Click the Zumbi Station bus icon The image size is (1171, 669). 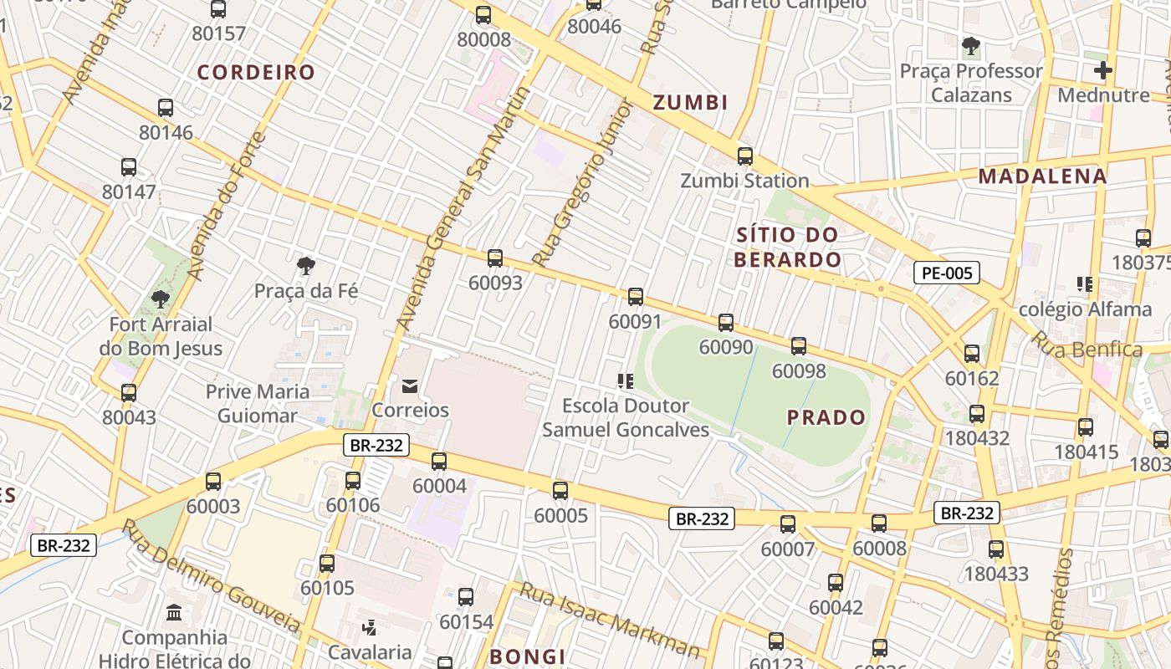tap(744, 156)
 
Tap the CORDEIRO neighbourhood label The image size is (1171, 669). tap(256, 73)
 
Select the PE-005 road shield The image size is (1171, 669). tap(946, 272)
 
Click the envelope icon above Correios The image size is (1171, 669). tap(410, 386)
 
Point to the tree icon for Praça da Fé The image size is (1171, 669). tap(306, 267)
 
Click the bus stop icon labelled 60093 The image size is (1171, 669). tap(495, 258)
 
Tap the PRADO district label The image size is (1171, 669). tap(827, 417)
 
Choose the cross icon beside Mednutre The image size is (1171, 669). tap(1103, 70)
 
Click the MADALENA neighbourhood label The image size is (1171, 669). tap(1042, 176)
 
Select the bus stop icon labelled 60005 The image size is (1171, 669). tap(560, 491)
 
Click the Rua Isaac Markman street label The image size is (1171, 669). tap(610, 620)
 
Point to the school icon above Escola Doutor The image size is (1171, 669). tap(625, 381)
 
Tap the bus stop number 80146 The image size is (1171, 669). tap(166, 132)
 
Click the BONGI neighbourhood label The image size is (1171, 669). tap(528, 656)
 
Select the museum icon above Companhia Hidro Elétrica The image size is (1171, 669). tap(174, 613)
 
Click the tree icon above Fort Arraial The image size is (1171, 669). tap(160, 299)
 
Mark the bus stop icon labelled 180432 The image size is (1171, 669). tap(976, 414)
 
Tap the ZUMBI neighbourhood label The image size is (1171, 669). tap(690, 103)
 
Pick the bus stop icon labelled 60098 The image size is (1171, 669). tap(799, 346)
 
